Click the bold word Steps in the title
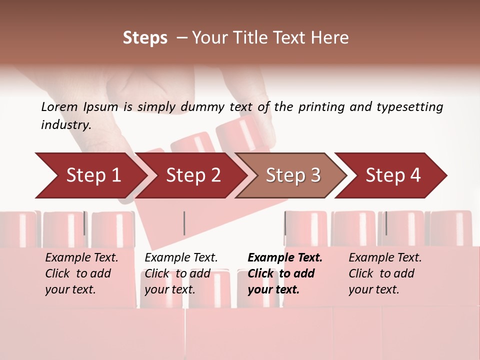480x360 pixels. pyautogui.click(x=145, y=38)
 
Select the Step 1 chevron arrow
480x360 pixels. pyautogui.click(x=90, y=175)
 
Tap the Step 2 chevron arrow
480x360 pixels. pyautogui.click(x=192, y=175)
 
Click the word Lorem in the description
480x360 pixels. pyautogui.click(x=59, y=106)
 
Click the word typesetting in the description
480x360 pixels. pyautogui.click(x=410, y=107)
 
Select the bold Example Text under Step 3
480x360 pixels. pyautogui.click(x=285, y=258)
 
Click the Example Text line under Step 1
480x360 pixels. pyautogui.click(x=81, y=258)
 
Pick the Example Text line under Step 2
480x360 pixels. pyautogui.click(x=181, y=258)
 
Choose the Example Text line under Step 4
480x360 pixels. pyautogui.click(x=385, y=258)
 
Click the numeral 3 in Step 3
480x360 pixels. pyautogui.click(x=315, y=175)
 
